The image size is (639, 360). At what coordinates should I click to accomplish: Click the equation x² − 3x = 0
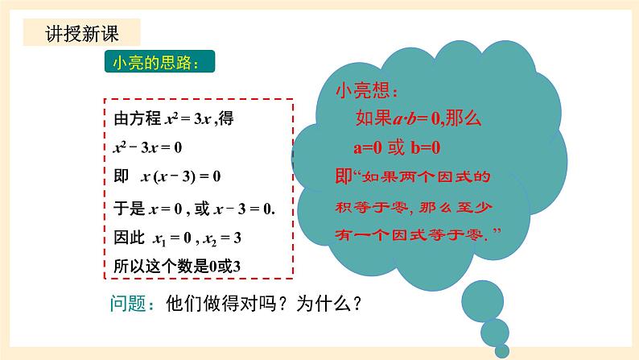point(150,147)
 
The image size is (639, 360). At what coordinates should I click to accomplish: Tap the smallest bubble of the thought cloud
point(503,350)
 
